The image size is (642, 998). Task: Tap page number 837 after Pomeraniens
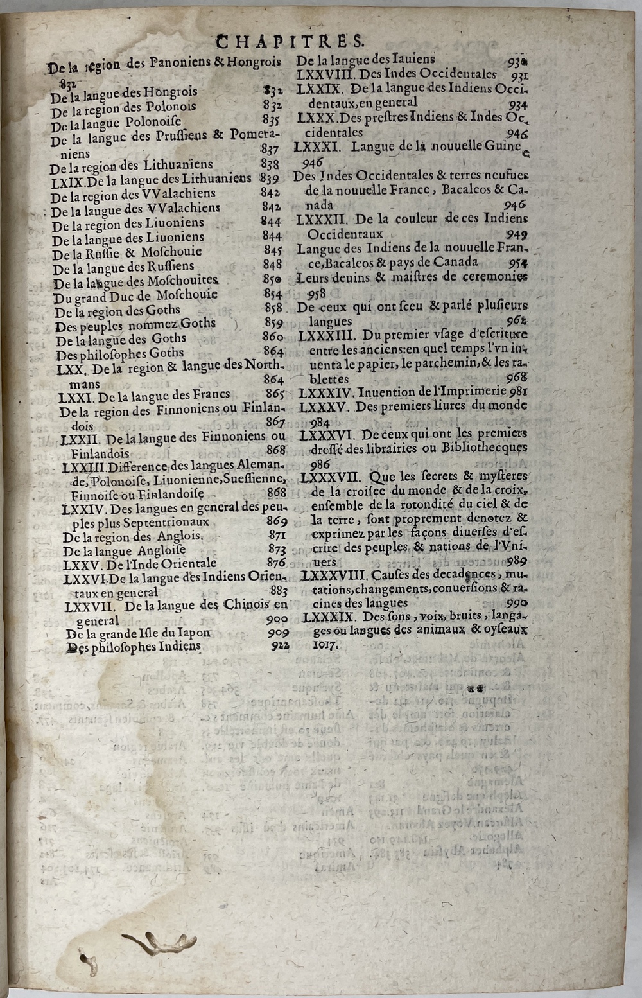point(270,150)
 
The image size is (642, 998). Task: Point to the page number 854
point(273,293)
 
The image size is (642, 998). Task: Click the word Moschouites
point(183,281)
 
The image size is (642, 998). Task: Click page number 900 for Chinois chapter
point(277,619)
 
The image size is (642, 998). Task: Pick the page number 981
point(518,392)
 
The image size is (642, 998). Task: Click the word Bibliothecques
point(485,448)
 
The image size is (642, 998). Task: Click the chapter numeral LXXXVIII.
point(334,575)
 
